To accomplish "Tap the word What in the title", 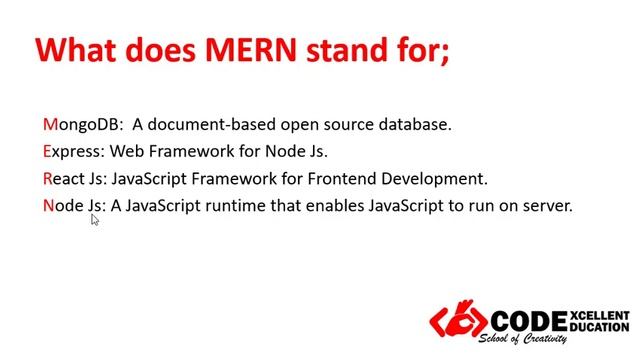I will pyautogui.click(x=78, y=50).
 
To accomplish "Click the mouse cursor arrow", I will pyautogui.click(x=94, y=219).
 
